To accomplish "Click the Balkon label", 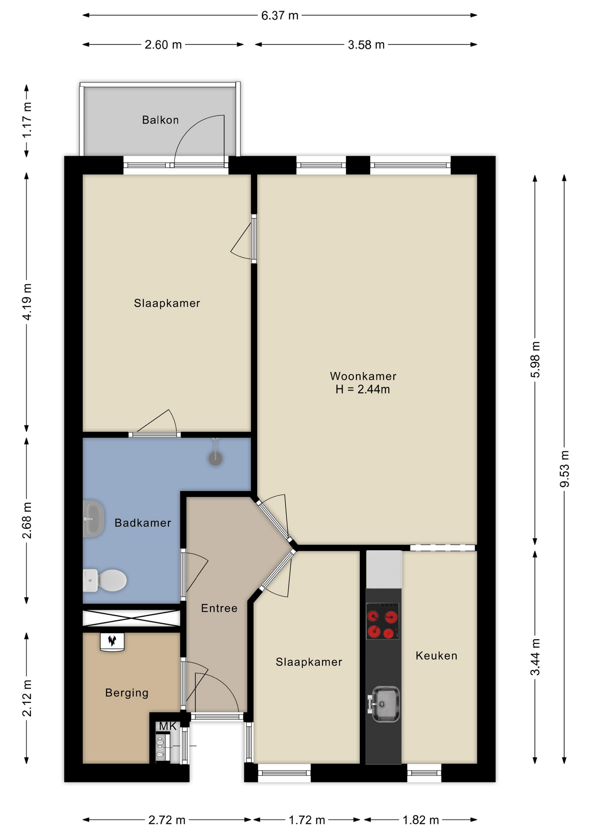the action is pos(160,120).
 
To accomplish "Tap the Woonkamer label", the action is pos(363,376).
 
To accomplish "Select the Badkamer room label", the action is pos(143,523).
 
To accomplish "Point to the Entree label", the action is pos(219,608).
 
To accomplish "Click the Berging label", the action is pos(127,693).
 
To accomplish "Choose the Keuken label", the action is pos(437,655).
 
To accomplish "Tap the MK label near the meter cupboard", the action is pos(168,726).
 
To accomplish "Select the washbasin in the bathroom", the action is pos(93,519).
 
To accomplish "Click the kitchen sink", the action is pos(383,704).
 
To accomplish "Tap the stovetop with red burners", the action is pos(383,621).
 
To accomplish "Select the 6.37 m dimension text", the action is pos(280,16).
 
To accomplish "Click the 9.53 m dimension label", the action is pos(564,469).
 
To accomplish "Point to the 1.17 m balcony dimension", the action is pos(27,120).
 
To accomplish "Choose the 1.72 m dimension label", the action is pos(307,820).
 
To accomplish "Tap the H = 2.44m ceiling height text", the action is pos(363,389).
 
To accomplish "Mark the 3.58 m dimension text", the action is pos(366,45).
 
